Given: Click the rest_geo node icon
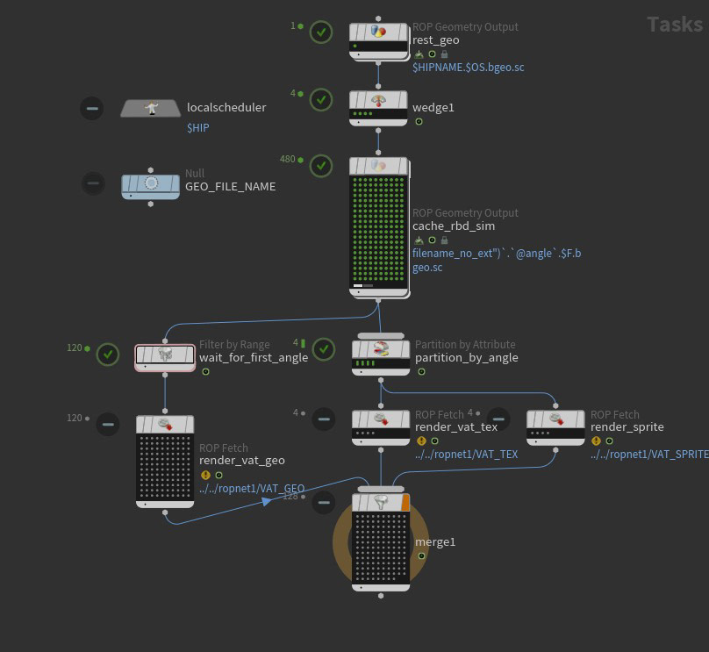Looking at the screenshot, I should [378, 32].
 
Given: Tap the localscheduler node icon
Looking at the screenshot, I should [150, 108].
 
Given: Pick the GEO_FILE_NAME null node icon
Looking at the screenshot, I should [150, 184].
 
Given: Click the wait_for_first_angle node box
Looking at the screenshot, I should [165, 356].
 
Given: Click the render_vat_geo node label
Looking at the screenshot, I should [242, 460].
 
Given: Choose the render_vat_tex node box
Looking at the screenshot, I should [381, 426].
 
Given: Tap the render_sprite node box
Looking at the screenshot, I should [555, 426].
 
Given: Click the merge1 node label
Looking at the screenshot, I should [435, 541].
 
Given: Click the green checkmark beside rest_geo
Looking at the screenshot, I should [322, 32].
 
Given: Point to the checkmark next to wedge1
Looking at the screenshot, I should [322, 97].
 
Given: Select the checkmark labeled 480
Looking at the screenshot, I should [322, 165].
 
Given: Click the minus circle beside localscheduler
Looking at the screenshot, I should [92, 108].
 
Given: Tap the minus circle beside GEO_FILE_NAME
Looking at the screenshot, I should [92, 183].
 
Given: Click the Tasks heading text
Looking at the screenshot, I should [674, 25].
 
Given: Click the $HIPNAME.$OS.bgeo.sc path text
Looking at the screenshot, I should [469, 68].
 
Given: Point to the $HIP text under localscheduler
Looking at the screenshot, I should [197, 127].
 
